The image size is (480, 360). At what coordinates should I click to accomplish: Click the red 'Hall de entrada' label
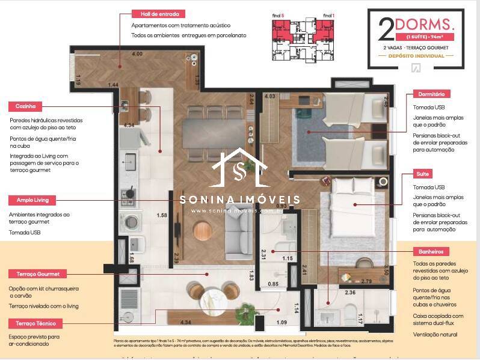(159, 14)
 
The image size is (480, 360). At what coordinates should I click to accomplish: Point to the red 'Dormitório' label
(431, 94)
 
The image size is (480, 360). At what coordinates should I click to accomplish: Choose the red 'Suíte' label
(423, 174)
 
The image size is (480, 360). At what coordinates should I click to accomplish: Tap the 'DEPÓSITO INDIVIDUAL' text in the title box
(416, 56)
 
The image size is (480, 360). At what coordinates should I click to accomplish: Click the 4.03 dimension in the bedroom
(269, 96)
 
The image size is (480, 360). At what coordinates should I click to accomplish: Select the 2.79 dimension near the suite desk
(366, 281)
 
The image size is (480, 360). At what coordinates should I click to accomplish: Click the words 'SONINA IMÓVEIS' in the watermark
(240, 199)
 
